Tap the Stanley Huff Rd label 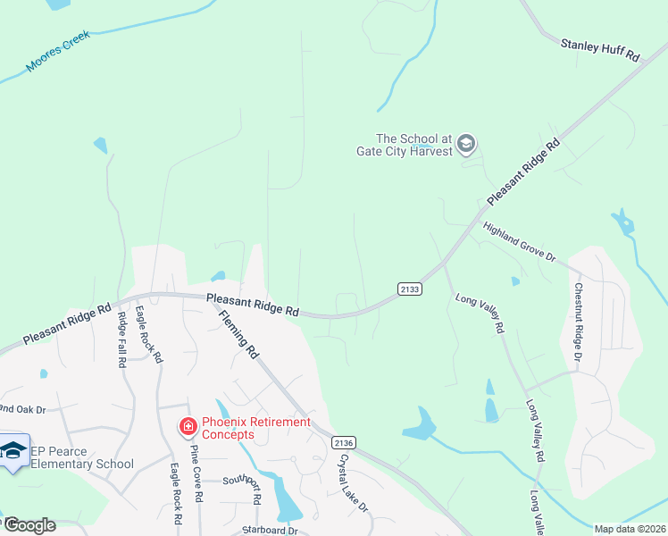(x=601, y=49)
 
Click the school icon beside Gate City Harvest (x=465, y=143)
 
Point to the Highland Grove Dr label (x=519, y=241)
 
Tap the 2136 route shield (x=343, y=443)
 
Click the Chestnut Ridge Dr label (x=578, y=322)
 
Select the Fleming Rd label (x=238, y=329)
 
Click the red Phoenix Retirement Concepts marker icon (x=188, y=428)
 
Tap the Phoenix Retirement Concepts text (x=255, y=428)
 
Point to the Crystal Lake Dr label (x=354, y=483)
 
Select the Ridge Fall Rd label (x=121, y=339)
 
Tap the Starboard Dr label (x=270, y=530)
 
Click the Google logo (x=29, y=525)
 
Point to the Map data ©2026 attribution (x=630, y=529)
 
